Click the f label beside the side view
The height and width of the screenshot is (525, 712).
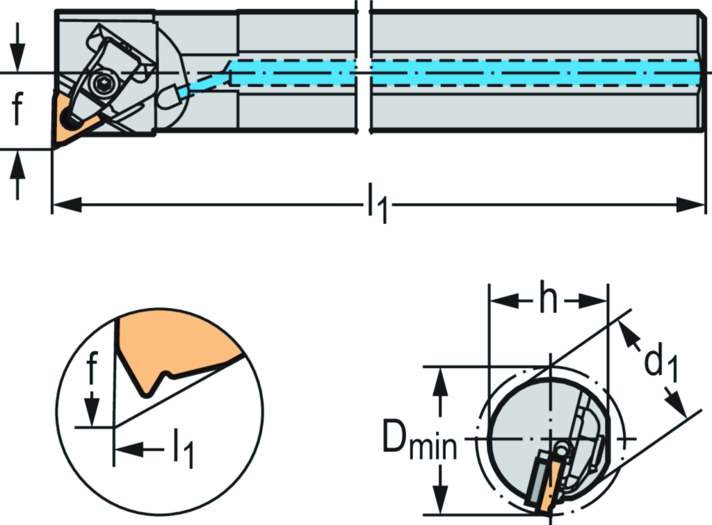click(17, 110)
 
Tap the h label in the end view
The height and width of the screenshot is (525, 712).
click(548, 301)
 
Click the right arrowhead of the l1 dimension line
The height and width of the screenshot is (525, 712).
click(692, 204)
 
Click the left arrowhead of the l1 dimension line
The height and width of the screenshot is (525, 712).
click(67, 204)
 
